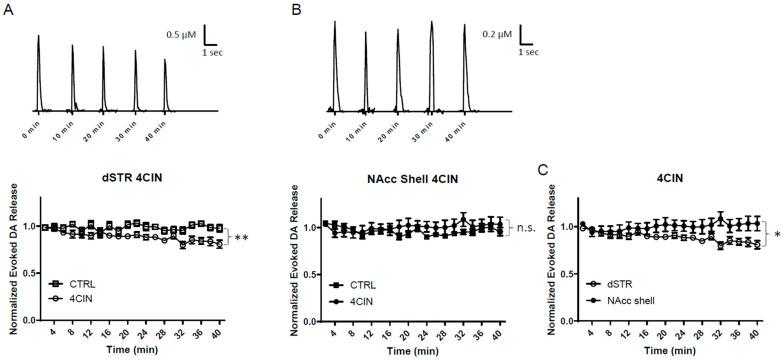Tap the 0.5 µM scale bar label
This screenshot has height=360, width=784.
(182, 33)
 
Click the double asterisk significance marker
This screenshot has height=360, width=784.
(242, 238)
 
